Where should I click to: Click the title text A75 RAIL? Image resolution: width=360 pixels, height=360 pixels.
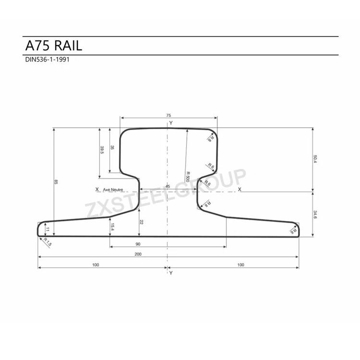(x=54, y=46)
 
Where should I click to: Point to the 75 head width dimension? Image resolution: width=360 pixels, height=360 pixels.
(x=168, y=116)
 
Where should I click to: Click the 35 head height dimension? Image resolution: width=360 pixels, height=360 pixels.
(x=112, y=148)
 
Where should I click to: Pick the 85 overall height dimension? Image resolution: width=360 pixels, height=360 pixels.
(x=57, y=181)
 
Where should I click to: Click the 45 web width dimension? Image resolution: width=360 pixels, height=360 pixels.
(x=168, y=186)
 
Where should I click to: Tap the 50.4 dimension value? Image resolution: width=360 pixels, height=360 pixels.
(x=315, y=158)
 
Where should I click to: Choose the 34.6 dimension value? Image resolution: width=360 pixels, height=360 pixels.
(x=315, y=214)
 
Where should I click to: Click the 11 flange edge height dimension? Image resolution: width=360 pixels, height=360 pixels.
(x=47, y=229)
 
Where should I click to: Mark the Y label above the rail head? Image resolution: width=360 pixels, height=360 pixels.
(x=170, y=123)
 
